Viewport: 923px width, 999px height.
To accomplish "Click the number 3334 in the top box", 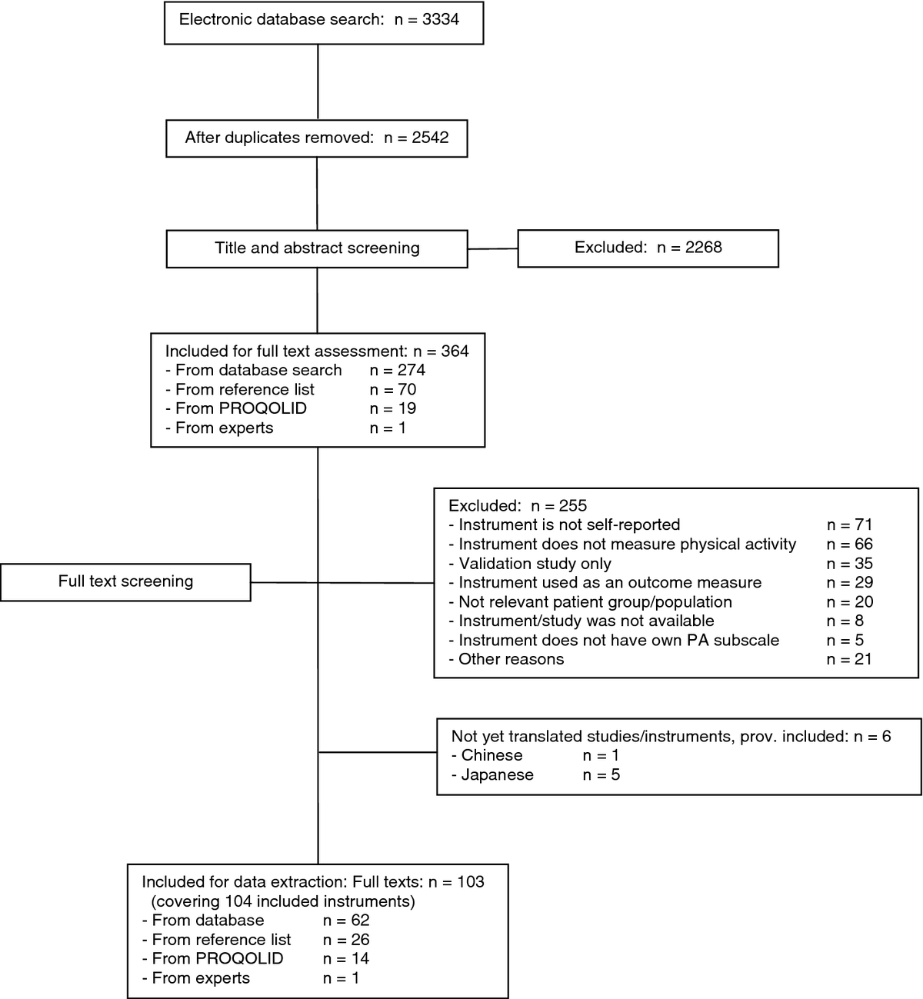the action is [x=441, y=20].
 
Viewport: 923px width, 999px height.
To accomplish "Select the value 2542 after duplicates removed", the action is [x=430, y=138].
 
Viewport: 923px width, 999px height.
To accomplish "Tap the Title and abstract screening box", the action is [x=317, y=249].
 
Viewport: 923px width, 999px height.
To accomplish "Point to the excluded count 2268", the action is [x=703, y=247].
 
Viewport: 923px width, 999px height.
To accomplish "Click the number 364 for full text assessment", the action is [x=455, y=351].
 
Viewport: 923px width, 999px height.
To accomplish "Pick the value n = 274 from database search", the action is [x=398, y=370].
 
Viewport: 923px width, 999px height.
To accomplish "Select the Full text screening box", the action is [x=126, y=582].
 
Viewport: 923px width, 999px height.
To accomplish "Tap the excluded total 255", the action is [x=573, y=505].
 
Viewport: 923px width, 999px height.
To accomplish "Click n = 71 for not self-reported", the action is [x=849, y=524].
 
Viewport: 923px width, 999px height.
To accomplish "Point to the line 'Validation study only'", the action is [x=530, y=564].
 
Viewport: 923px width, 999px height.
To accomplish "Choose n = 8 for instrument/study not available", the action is [x=845, y=621].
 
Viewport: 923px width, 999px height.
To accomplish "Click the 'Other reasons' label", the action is [x=506, y=659].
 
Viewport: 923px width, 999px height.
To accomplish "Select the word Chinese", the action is [x=491, y=755].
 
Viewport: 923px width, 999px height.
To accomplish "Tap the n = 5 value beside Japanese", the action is [x=601, y=774].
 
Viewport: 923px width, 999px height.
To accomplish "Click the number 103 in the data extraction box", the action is [x=471, y=882].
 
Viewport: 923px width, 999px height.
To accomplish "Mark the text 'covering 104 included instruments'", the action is [x=283, y=901].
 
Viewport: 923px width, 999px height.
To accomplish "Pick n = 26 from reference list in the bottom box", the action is [x=346, y=940].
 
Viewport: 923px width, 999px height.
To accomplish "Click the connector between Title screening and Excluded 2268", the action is [x=493, y=248].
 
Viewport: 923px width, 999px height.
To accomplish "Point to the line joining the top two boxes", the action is [x=318, y=82].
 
